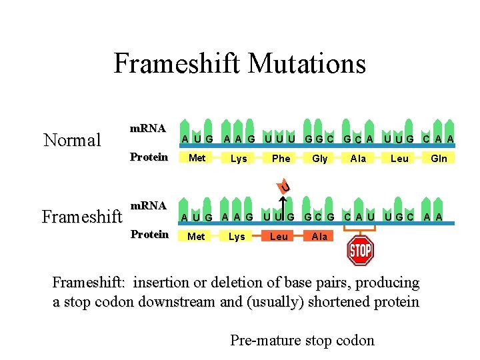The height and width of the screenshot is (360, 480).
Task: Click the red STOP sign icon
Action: tap(360, 251)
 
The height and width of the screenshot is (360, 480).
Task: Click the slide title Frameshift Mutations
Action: tap(240, 64)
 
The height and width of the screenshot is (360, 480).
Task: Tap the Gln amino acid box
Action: tap(439, 158)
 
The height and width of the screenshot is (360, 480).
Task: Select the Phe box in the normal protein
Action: tap(281, 158)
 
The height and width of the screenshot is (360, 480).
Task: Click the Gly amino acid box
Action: tap(320, 158)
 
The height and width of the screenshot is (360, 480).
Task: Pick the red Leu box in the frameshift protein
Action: tap(279, 236)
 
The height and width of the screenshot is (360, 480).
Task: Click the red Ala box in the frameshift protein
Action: tap(319, 236)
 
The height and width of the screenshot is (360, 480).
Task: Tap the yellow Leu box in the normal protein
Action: tap(399, 158)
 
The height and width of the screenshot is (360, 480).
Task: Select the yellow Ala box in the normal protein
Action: tap(359, 158)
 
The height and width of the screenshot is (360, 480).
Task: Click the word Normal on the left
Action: tap(72, 140)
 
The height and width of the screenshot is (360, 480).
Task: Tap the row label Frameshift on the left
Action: tap(82, 217)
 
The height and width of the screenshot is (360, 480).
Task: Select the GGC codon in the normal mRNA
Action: tap(319, 139)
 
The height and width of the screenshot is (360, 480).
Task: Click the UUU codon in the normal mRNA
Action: tap(279, 139)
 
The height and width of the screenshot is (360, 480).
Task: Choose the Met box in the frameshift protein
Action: tap(196, 236)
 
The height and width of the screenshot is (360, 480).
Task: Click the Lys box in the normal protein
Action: tap(238, 158)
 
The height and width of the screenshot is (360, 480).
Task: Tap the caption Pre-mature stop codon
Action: tap(302, 341)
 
